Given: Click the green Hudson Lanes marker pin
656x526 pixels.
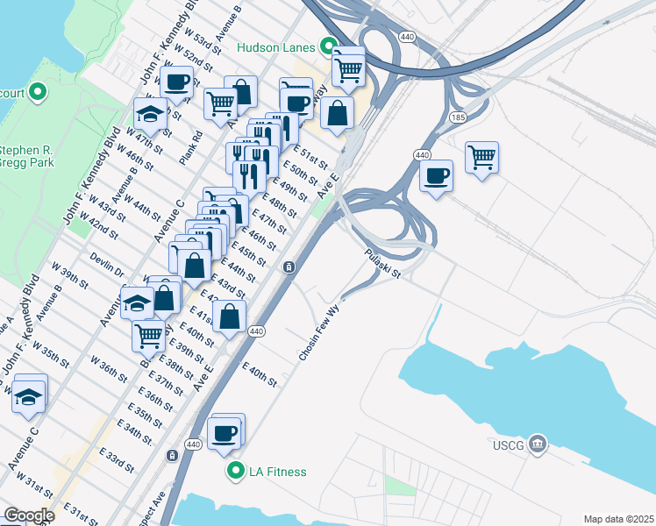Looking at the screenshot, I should [330, 46].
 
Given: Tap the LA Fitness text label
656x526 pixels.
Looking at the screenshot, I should [277, 473].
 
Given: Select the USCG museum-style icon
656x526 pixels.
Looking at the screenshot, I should [538, 444].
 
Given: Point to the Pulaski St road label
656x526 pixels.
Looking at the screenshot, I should [383, 263].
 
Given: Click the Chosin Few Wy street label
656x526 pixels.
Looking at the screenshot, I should [318, 333].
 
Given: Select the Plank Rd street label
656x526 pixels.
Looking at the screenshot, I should [191, 147].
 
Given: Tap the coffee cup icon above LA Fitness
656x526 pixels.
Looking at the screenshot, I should [224, 433].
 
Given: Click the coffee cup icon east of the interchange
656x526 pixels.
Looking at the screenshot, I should [435, 175].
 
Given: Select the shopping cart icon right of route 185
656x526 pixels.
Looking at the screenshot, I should [481, 158].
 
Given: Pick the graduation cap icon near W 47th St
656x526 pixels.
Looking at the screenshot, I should [150, 113].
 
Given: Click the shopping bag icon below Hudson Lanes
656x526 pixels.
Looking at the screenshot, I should [337, 112].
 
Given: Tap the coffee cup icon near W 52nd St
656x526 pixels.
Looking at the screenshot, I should [177, 82].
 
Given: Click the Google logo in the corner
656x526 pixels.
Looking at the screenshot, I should [29, 515].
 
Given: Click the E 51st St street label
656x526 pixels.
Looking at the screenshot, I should [310, 156].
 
